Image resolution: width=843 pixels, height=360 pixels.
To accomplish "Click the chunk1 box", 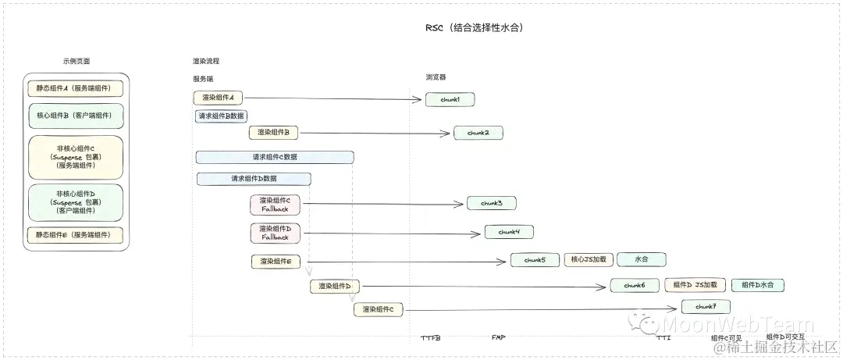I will pos(450,99).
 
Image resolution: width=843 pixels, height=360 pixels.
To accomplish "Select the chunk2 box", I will pos(478,133).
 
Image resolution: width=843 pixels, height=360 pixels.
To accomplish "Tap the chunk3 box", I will pos(491,203).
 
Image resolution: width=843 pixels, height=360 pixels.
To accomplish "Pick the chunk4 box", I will pos(509,232).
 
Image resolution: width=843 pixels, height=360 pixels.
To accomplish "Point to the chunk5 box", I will pos(535,260).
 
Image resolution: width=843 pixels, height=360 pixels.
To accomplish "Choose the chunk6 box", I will pos(635,285).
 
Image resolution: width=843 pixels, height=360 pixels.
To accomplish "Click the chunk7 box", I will pos(706,307).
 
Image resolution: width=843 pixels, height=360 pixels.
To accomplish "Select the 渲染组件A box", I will pos(219,98).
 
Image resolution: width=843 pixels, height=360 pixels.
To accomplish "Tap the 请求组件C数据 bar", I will pos(275,157).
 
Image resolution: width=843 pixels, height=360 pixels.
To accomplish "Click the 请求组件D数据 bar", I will pos(254,179).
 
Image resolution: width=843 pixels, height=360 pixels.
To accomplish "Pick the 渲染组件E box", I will pos(276,262).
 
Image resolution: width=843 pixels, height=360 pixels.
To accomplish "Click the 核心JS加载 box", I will pos(588,260).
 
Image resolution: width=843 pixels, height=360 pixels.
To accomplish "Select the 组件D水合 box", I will pos(757,285).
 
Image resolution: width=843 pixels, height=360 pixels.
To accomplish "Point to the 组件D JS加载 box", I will pos(695,285).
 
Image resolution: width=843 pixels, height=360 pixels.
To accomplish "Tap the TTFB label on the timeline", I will pos(431,338).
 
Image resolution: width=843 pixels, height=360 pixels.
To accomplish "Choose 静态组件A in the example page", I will pos(75,88).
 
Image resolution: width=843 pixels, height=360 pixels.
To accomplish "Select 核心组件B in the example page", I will pos(75,116).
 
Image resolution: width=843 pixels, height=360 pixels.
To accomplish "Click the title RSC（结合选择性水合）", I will pos(473,28).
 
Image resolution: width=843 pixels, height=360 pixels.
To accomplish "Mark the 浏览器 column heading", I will pos(436,77).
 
